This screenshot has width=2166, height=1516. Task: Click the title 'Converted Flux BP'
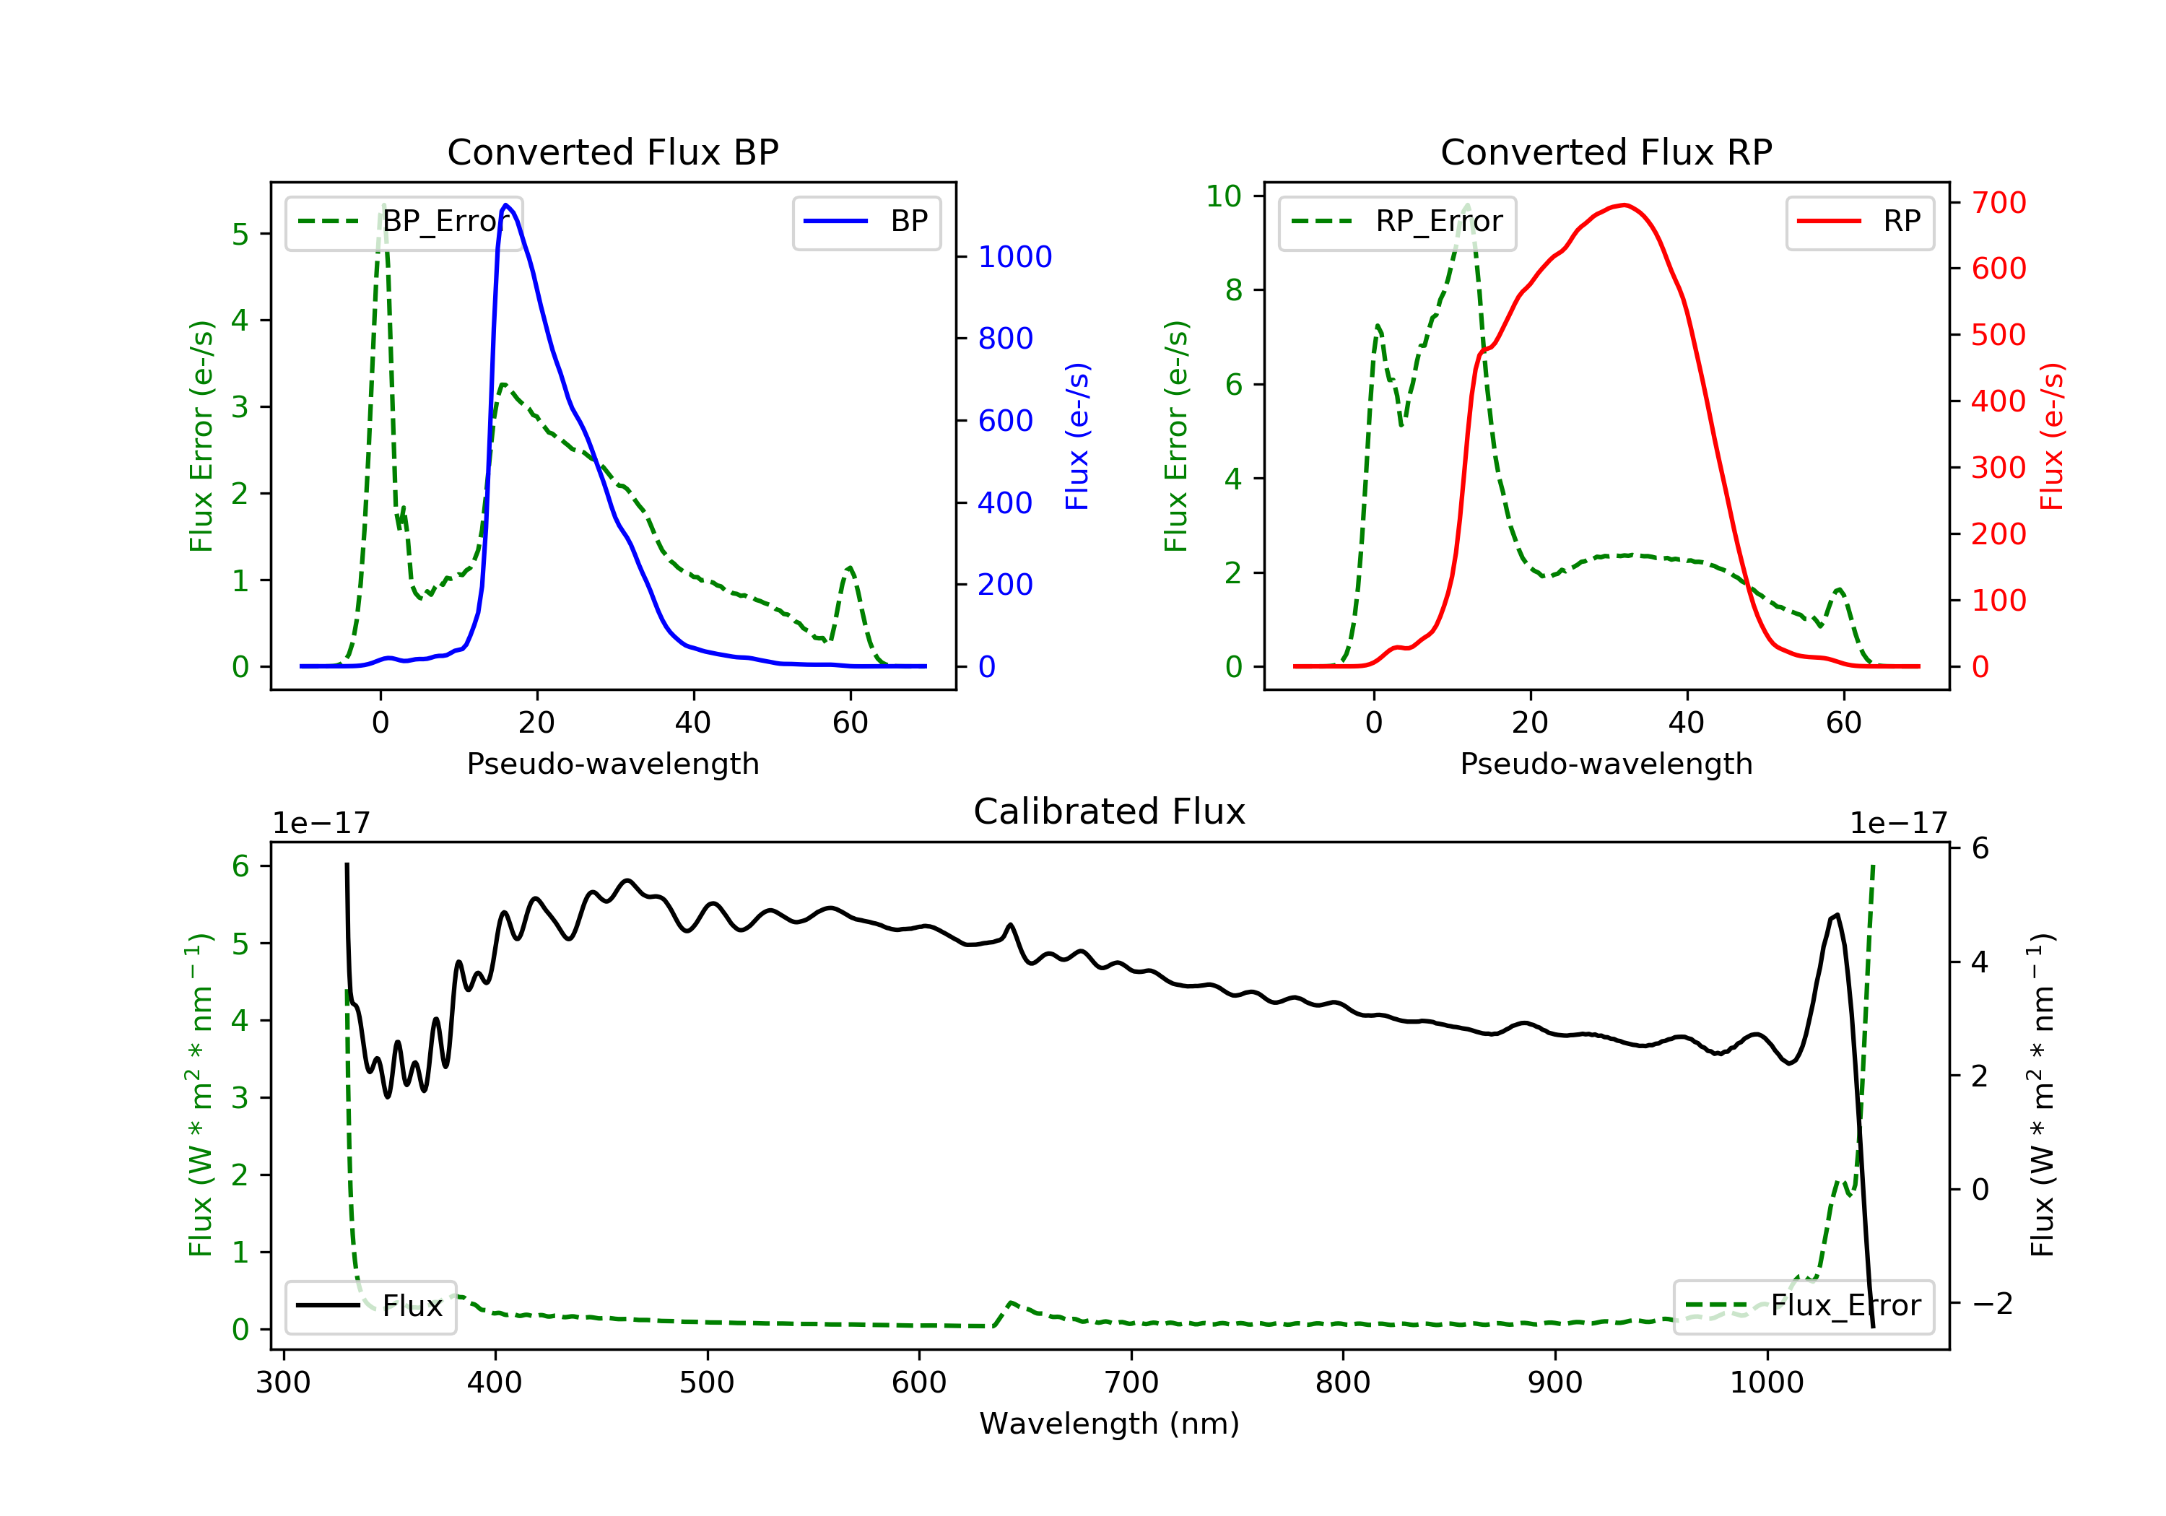(612, 152)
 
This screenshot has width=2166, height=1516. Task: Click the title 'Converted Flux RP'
(1606, 152)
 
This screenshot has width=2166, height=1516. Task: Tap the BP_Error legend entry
(404, 222)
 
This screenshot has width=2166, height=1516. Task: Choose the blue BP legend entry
(866, 222)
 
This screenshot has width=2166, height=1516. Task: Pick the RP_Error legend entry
(1397, 222)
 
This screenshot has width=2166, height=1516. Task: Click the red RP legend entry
(1859, 222)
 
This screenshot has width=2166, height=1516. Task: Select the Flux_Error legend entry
(1803, 1306)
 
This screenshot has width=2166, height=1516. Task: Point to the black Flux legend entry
(371, 1306)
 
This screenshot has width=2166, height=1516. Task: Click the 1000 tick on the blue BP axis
(1014, 256)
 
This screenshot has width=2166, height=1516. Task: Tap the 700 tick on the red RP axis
(1998, 203)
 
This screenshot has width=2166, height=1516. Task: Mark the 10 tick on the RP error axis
(1224, 196)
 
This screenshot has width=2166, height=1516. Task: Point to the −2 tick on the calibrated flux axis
(1993, 1304)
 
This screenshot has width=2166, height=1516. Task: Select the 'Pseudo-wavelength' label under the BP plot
(612, 764)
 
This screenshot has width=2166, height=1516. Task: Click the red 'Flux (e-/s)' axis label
(2052, 436)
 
